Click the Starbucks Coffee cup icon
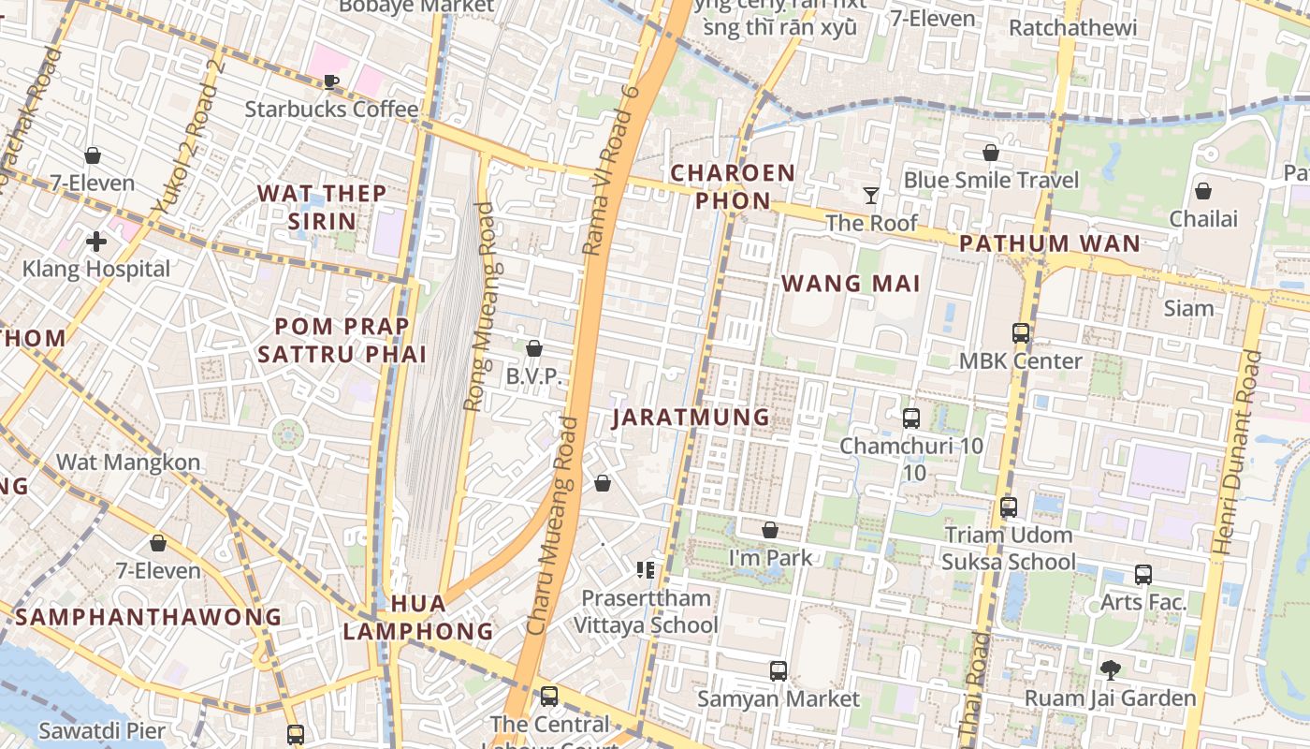coord(330,81)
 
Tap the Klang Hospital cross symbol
coord(95,242)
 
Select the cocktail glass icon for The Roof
coord(871,195)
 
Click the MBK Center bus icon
coord(1020,332)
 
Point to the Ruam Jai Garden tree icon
coord(1111,669)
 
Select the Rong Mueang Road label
coord(479,307)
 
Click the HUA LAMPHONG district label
coord(417,616)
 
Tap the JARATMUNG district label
coord(691,417)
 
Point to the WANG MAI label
coord(851,284)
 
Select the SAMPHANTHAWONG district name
coord(148,617)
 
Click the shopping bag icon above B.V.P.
coord(534,348)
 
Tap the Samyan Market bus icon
coord(778,670)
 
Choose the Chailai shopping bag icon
coord(1203,191)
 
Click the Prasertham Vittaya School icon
coord(645,568)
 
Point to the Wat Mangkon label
coord(128,462)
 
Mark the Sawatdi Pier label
coord(102,730)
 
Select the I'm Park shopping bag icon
coord(769,530)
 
